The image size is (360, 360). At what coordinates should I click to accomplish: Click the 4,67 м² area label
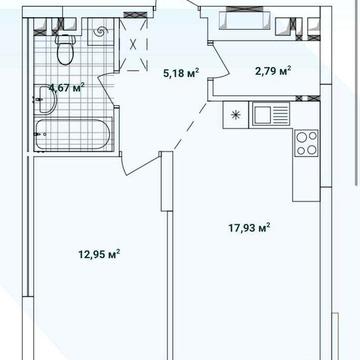click(x=67, y=88)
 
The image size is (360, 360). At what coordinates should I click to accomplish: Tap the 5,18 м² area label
click(x=181, y=73)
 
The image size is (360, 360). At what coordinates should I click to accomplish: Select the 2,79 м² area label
click(x=273, y=71)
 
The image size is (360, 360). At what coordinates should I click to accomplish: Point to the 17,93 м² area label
click(x=249, y=228)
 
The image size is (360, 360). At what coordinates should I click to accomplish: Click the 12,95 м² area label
click(x=99, y=255)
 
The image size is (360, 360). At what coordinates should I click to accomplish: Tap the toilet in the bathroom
click(x=66, y=50)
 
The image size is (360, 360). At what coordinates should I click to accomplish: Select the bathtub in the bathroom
click(x=73, y=135)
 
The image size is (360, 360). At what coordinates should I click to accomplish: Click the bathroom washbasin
click(x=45, y=99)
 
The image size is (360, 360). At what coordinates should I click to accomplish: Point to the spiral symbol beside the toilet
click(x=101, y=32)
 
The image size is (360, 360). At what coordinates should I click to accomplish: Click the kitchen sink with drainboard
click(x=269, y=114)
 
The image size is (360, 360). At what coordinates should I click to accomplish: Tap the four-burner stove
click(x=306, y=143)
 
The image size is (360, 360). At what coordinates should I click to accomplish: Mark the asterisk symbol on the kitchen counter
click(x=235, y=115)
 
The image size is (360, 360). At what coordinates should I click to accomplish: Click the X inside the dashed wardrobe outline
click(x=133, y=44)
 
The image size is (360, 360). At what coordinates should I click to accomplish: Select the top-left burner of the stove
click(x=301, y=136)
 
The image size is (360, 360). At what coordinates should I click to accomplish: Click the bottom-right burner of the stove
click(x=312, y=150)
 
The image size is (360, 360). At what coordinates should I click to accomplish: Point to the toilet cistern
click(x=66, y=39)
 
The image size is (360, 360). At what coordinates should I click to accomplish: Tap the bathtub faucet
click(x=40, y=134)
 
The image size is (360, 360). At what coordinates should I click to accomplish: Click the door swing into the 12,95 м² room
click(x=140, y=164)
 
